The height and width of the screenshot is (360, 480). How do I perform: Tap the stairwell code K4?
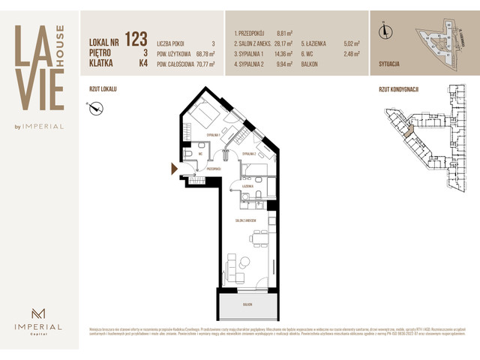[142, 64]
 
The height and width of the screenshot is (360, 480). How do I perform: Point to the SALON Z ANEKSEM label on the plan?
[246, 220]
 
